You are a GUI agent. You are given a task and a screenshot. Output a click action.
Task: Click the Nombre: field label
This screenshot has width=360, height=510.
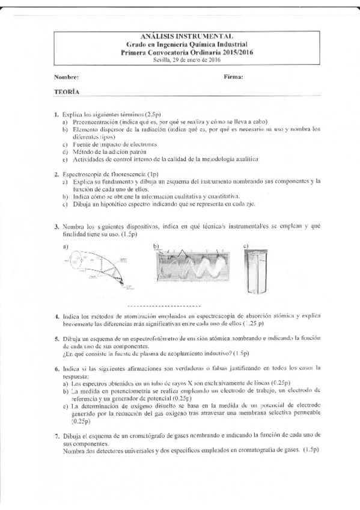[x=66, y=77]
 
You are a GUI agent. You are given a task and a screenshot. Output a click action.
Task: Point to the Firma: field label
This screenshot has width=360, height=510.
[x=233, y=77]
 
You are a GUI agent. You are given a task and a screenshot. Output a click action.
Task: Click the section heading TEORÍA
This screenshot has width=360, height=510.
[x=64, y=92]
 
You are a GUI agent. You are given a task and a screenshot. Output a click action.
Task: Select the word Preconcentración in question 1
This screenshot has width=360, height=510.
[x=93, y=121]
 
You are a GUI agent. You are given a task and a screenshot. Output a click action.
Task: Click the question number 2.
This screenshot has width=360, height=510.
[x=55, y=173]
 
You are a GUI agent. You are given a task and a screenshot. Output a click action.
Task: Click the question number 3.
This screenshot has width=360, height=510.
[x=55, y=226]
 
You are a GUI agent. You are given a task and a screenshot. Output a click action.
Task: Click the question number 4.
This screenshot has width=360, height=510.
[x=55, y=315]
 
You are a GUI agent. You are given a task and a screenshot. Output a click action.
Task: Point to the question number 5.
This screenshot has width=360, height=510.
[x=55, y=339]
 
